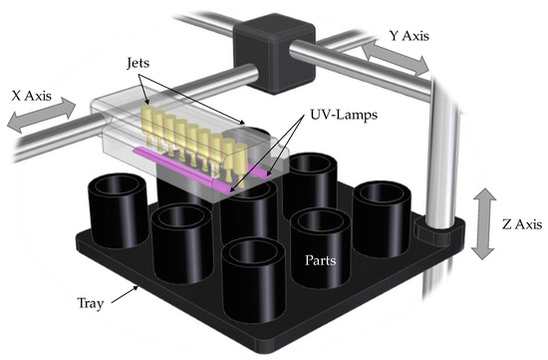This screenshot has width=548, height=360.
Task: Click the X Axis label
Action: (x=32, y=96)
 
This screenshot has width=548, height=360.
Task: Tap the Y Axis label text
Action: (x=409, y=36)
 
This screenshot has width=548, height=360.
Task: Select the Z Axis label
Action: (x=522, y=224)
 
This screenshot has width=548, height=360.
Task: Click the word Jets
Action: (x=138, y=63)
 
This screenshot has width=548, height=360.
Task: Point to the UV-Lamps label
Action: (x=344, y=115)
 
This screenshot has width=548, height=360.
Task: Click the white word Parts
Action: (x=321, y=260)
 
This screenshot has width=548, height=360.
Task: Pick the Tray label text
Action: (x=90, y=303)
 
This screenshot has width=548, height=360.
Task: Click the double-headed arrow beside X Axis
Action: (x=41, y=115)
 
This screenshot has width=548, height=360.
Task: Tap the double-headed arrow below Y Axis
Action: (x=396, y=58)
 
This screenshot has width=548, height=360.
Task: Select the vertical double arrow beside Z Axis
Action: (x=483, y=223)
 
